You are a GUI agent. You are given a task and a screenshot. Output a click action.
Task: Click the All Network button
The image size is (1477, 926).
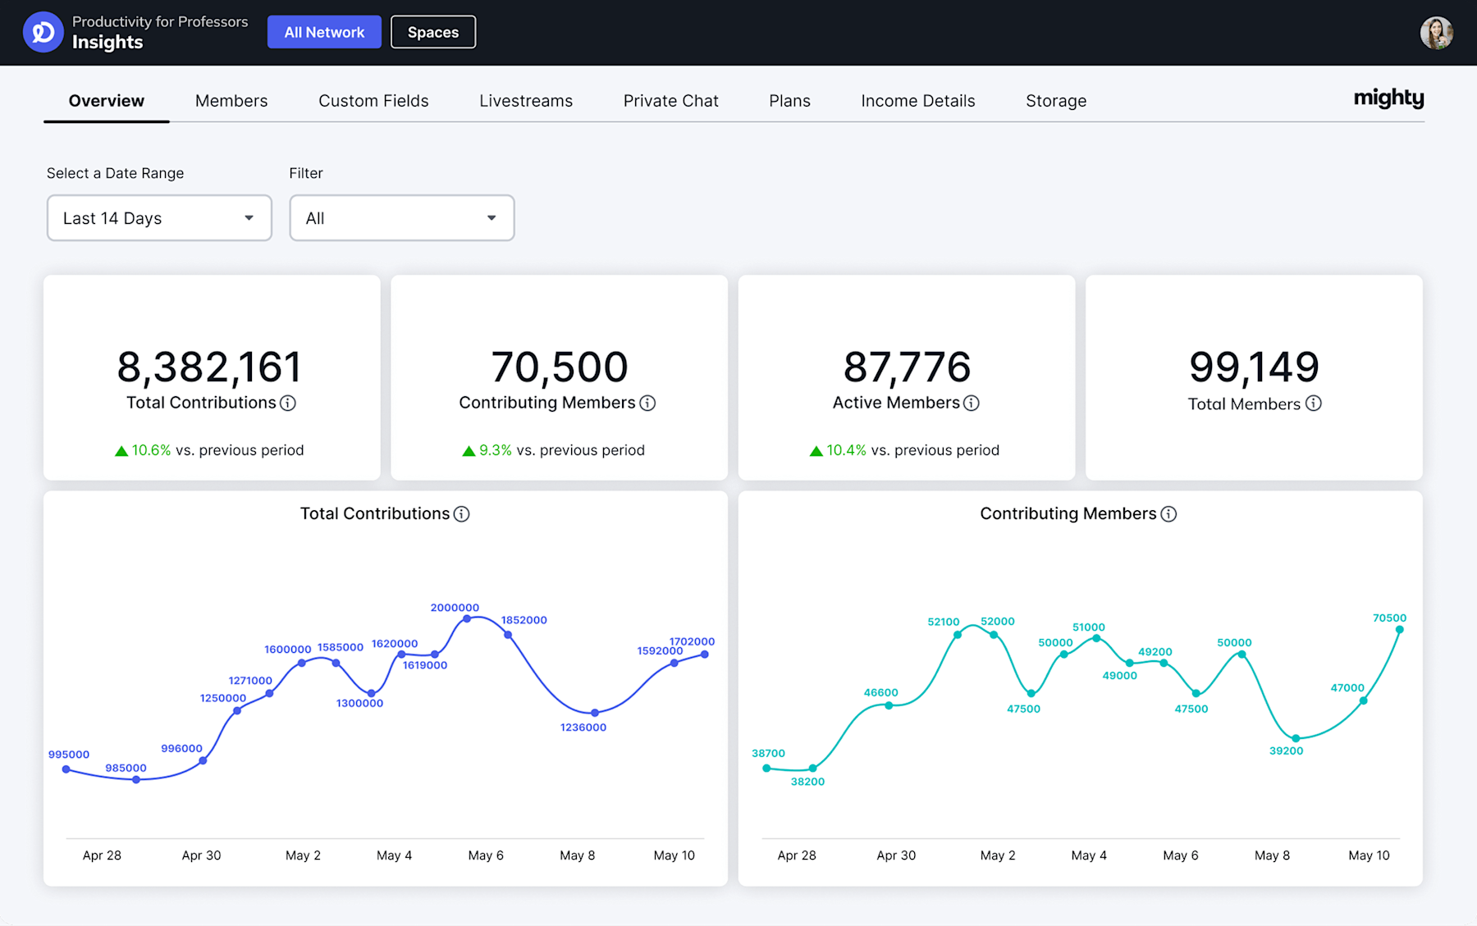point(324,32)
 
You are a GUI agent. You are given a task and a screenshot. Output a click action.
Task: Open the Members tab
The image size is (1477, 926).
point(231,101)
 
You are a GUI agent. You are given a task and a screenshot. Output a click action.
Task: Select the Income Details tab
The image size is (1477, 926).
point(917,101)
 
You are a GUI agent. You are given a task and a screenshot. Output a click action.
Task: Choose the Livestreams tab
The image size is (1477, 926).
point(526,101)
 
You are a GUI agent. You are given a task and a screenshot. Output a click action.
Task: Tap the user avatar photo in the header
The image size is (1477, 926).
point(1436,33)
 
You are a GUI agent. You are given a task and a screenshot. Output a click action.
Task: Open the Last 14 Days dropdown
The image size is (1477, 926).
point(159,218)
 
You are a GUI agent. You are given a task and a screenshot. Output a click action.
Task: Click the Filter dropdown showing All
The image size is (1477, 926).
point(401,218)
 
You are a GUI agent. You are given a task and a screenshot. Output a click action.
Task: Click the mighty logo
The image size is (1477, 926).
point(1388,98)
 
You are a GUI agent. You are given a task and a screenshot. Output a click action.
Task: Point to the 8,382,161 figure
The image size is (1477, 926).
point(209,367)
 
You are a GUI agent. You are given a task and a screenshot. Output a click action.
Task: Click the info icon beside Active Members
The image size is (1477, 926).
point(972,403)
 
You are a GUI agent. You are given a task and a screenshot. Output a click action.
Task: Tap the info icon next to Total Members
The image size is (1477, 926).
point(1314,404)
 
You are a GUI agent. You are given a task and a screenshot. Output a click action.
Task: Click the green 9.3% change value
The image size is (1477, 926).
point(495,450)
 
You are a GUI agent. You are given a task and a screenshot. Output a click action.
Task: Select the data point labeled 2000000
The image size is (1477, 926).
point(467,619)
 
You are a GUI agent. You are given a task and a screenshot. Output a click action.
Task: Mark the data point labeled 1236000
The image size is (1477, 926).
point(595,713)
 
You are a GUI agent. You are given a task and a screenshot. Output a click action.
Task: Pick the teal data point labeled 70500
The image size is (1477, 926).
point(1400,630)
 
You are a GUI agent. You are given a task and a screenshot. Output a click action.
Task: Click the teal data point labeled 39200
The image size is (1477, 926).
point(1296,738)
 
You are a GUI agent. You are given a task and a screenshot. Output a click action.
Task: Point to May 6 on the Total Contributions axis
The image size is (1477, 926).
point(486,855)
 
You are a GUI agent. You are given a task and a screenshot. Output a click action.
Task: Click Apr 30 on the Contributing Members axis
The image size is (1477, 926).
point(896,855)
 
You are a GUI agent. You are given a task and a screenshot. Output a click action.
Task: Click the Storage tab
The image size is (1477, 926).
point(1055,101)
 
